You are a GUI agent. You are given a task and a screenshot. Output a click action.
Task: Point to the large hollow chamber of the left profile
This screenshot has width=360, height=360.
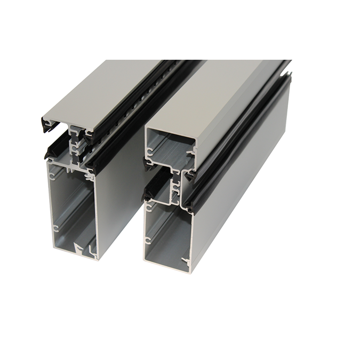[x=72, y=208]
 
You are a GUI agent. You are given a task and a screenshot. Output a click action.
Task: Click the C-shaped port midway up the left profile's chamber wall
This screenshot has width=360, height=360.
[x=55, y=228]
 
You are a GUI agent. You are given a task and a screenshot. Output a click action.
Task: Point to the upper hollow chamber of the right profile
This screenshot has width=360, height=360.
[x=168, y=149]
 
